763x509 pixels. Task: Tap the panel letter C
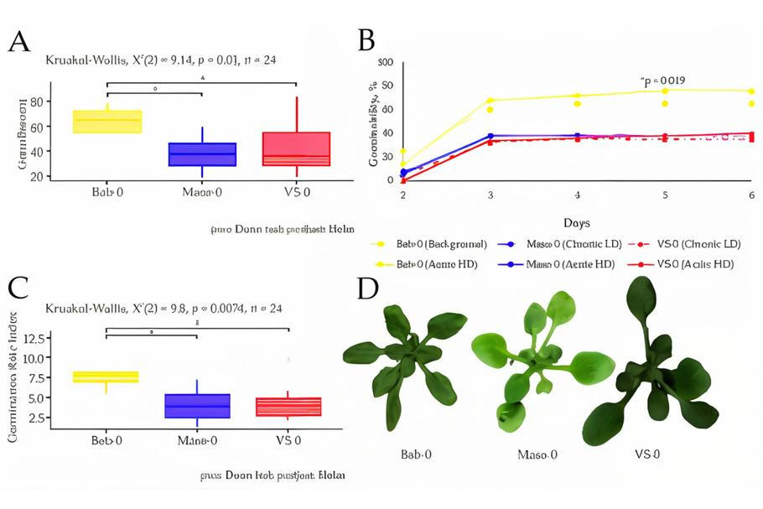click(x=20, y=287)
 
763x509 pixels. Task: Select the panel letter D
click(x=367, y=288)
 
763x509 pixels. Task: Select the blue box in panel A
click(x=202, y=154)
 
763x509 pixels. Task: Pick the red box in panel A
click(x=296, y=148)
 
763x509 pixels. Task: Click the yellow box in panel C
click(x=107, y=377)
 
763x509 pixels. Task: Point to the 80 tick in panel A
click(x=36, y=101)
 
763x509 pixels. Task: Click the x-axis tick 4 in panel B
click(x=577, y=195)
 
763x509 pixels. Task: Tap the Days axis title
click(x=577, y=223)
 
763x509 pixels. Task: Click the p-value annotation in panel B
click(x=663, y=81)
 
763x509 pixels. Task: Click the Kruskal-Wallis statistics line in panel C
click(x=163, y=309)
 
